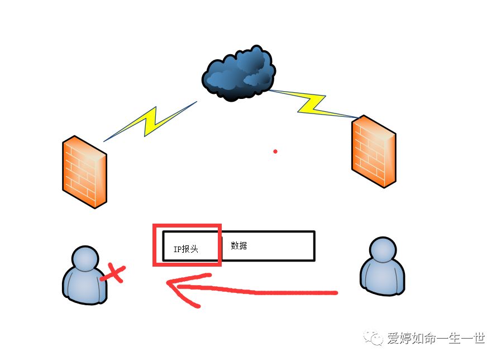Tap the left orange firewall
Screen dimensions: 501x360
[84, 171]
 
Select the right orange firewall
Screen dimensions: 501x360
[373, 151]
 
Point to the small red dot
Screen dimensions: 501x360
[275, 151]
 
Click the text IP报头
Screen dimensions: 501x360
[185, 249]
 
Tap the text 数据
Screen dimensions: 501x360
[238, 245]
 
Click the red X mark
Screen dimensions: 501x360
[113, 273]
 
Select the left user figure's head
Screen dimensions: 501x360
[84, 259]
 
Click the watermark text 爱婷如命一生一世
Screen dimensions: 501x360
[436, 338]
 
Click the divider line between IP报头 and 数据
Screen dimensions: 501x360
[222, 246]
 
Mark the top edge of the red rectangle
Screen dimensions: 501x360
[187, 226]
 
